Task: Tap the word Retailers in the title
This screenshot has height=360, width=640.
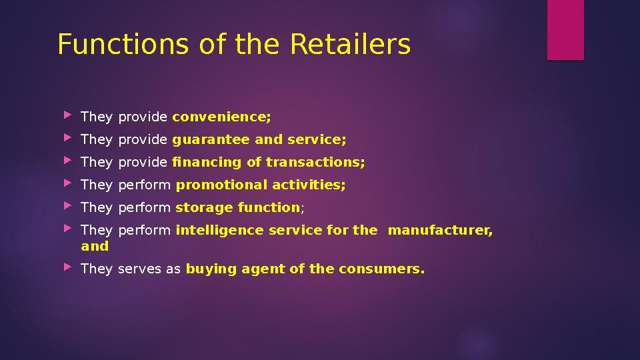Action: (x=351, y=45)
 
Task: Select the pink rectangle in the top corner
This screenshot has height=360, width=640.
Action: (x=565, y=30)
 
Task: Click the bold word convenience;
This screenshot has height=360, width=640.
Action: (x=222, y=117)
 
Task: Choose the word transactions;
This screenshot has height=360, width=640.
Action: (x=315, y=163)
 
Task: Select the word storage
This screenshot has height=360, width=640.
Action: (x=204, y=208)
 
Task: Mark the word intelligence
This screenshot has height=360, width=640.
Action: (x=219, y=231)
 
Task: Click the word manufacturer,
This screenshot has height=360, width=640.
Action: (x=440, y=231)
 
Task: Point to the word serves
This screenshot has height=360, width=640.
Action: (x=136, y=269)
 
